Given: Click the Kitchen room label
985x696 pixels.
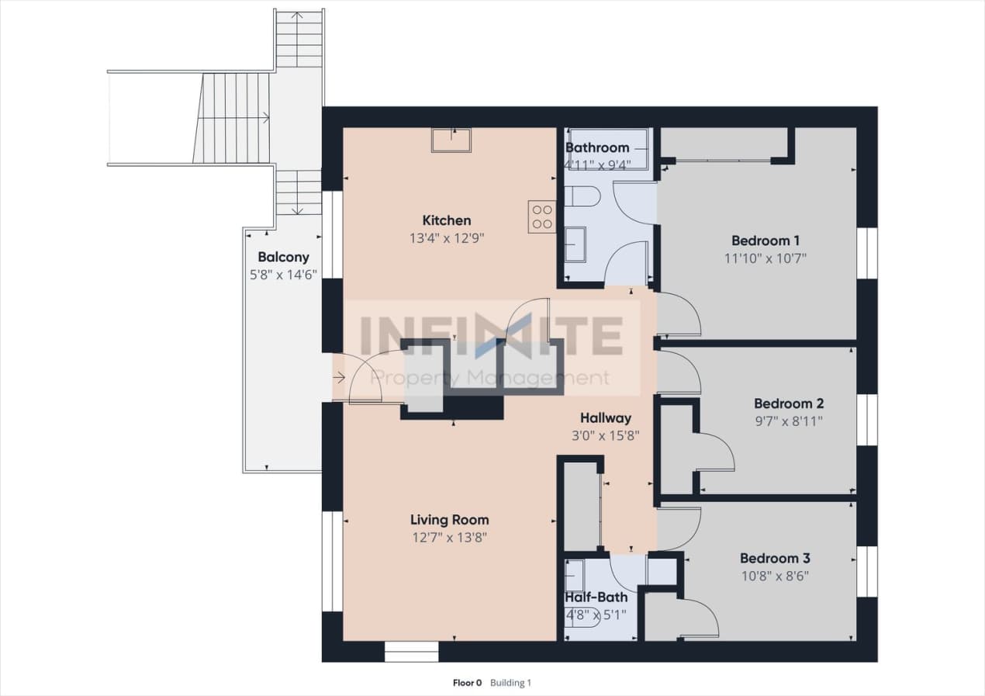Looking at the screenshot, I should click(x=446, y=220).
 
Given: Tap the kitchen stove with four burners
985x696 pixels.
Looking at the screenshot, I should click(x=542, y=216).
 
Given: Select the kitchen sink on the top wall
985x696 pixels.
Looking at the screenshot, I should click(x=451, y=140).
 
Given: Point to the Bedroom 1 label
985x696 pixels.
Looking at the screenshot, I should click(x=765, y=240).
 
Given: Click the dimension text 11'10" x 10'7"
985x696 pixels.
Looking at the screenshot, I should click(x=765, y=258).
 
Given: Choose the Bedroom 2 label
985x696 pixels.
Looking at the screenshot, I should click(x=789, y=403).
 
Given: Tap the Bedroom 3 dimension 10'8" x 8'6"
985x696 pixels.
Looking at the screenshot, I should click(x=775, y=577).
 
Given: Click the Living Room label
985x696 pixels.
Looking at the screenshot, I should click(x=450, y=520).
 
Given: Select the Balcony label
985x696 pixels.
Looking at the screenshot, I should click(x=283, y=257).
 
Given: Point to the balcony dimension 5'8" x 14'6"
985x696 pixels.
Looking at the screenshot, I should click(x=283, y=275).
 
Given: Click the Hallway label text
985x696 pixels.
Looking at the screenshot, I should click(x=606, y=418).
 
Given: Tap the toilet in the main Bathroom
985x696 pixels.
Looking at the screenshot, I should click(x=582, y=197).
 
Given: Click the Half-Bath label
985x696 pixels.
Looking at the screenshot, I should click(x=596, y=597).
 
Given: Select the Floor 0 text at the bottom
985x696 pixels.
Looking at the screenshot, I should click(x=467, y=684).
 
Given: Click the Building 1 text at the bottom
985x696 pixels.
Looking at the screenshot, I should click(x=511, y=684).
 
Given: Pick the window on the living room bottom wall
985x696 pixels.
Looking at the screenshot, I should click(x=411, y=652).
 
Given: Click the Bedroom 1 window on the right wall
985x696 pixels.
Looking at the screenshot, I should click(x=866, y=253).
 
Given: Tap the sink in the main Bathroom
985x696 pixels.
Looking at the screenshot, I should click(x=575, y=244).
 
